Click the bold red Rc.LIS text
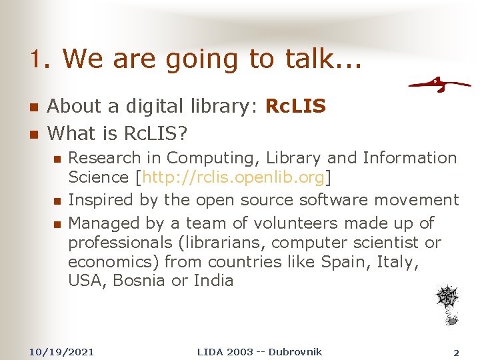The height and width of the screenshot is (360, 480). pyautogui.click(x=295, y=106)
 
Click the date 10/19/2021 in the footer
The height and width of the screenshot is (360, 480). pyautogui.click(x=62, y=351)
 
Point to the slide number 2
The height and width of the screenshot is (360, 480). pyautogui.click(x=456, y=352)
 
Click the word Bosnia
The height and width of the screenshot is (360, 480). pyautogui.click(x=140, y=280)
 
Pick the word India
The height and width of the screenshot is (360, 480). pyautogui.click(x=213, y=280)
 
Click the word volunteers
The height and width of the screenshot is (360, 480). pyautogui.click(x=262, y=223)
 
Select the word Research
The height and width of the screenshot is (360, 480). pyautogui.click(x=105, y=158)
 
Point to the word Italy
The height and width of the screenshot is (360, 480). pyautogui.click(x=398, y=261)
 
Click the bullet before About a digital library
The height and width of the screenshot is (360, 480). pyautogui.click(x=33, y=107)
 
